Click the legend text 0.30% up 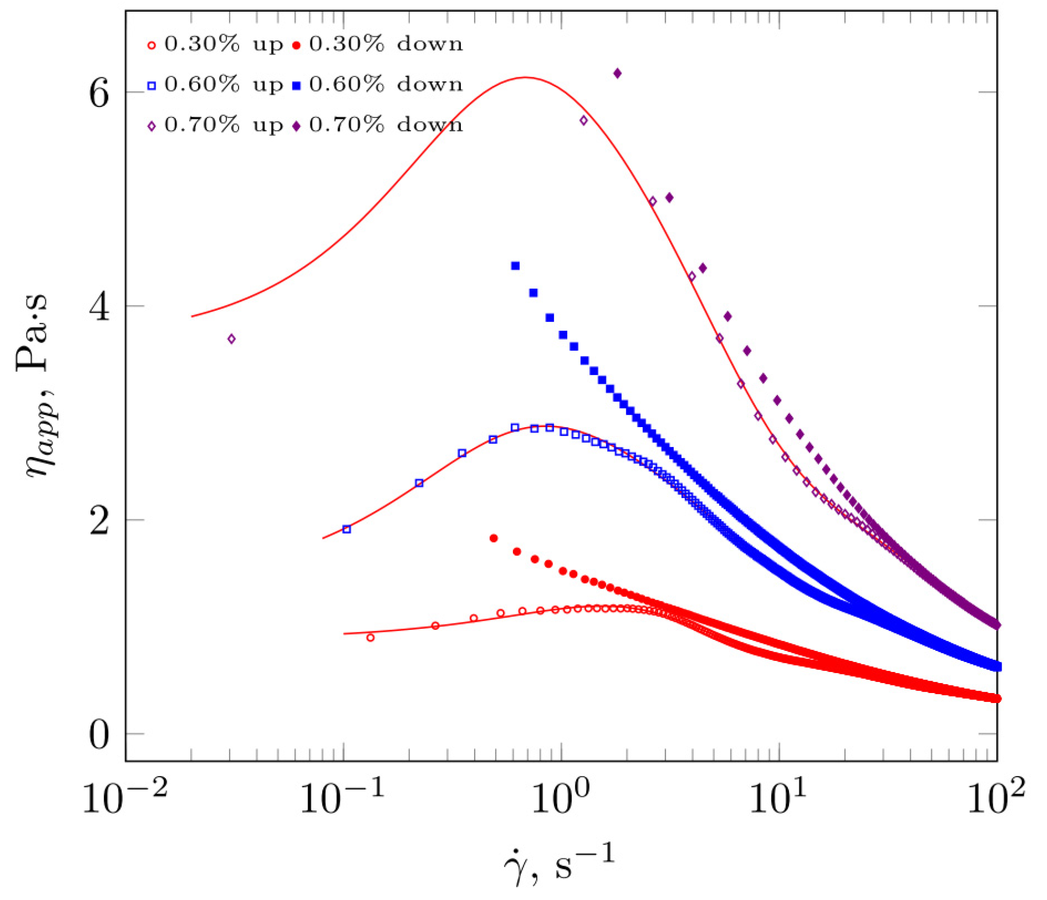224,44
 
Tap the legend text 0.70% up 224,125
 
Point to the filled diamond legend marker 297,126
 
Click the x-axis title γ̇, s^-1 559,864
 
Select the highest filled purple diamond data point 617,73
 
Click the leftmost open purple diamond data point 231,339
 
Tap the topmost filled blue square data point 515,266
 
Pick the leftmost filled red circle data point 493,538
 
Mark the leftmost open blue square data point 347,529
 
